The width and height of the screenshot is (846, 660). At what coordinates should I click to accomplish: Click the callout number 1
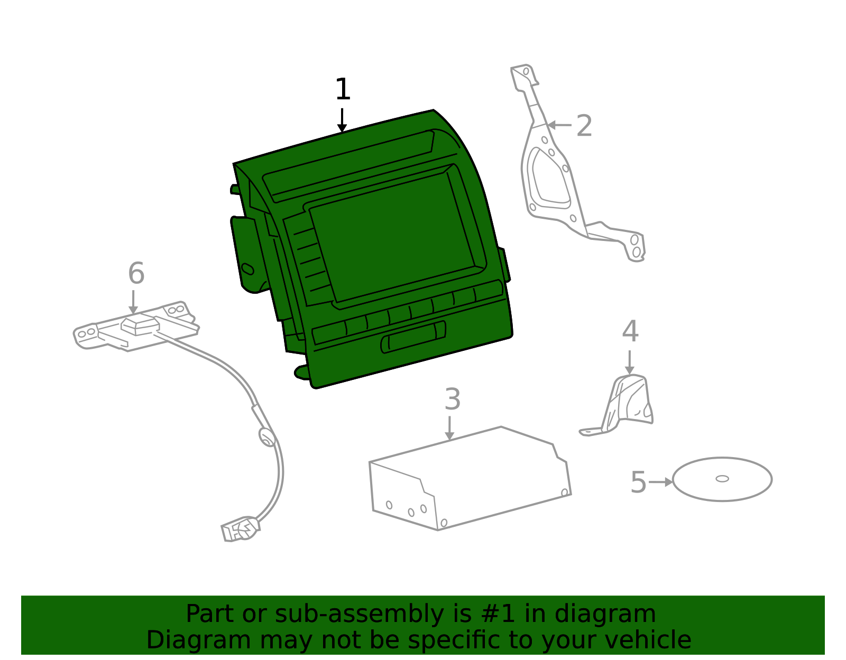point(343,89)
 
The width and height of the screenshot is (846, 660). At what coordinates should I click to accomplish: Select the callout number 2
point(584,125)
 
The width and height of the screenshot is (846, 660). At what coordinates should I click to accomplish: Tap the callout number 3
point(453,399)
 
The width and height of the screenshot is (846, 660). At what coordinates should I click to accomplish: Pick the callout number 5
point(639,482)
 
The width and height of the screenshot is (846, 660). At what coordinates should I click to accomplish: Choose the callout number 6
point(136,273)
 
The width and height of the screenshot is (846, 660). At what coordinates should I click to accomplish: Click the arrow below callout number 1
point(342,120)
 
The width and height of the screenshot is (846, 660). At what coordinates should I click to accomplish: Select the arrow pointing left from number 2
point(559,125)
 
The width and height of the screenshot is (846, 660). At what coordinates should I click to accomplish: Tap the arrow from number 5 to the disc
point(661,482)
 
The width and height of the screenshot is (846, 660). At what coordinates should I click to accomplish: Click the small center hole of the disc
point(722,479)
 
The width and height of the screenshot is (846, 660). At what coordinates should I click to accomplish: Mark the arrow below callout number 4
point(630,362)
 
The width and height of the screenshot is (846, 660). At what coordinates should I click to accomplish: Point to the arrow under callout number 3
point(449,428)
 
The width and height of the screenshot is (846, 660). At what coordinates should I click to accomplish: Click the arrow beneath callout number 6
point(133,302)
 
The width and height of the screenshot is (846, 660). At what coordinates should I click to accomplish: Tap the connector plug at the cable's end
point(240,528)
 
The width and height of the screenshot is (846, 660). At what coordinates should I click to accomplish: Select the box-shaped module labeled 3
point(470,479)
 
